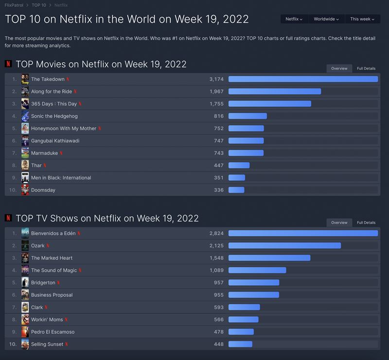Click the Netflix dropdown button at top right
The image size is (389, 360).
tap(294, 19)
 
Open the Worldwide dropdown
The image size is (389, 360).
tap(326, 19)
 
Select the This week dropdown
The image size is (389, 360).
tap(362, 19)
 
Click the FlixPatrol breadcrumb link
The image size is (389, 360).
tap(14, 5)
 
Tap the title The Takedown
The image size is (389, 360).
tap(48, 79)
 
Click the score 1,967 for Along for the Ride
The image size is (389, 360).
tap(216, 91)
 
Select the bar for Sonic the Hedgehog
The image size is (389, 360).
tap(248, 116)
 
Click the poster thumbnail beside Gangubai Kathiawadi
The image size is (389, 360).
tap(25, 141)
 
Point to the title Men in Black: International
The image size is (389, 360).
tap(61, 178)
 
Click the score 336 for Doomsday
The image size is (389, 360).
tap(219, 190)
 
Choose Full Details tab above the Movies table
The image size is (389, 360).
tap(366, 69)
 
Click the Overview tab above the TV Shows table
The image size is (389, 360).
tap(339, 223)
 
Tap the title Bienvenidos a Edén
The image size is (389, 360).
tap(53, 233)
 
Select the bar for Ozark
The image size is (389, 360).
tap(284, 245)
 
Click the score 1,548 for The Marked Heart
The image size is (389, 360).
tap(216, 258)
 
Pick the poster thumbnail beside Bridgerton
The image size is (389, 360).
tap(25, 282)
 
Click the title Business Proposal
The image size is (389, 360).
tap(52, 295)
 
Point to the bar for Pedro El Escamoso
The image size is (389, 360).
tap(241, 332)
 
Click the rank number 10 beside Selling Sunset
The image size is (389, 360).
tap(13, 344)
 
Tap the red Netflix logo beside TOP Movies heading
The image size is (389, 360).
tap(8, 64)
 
